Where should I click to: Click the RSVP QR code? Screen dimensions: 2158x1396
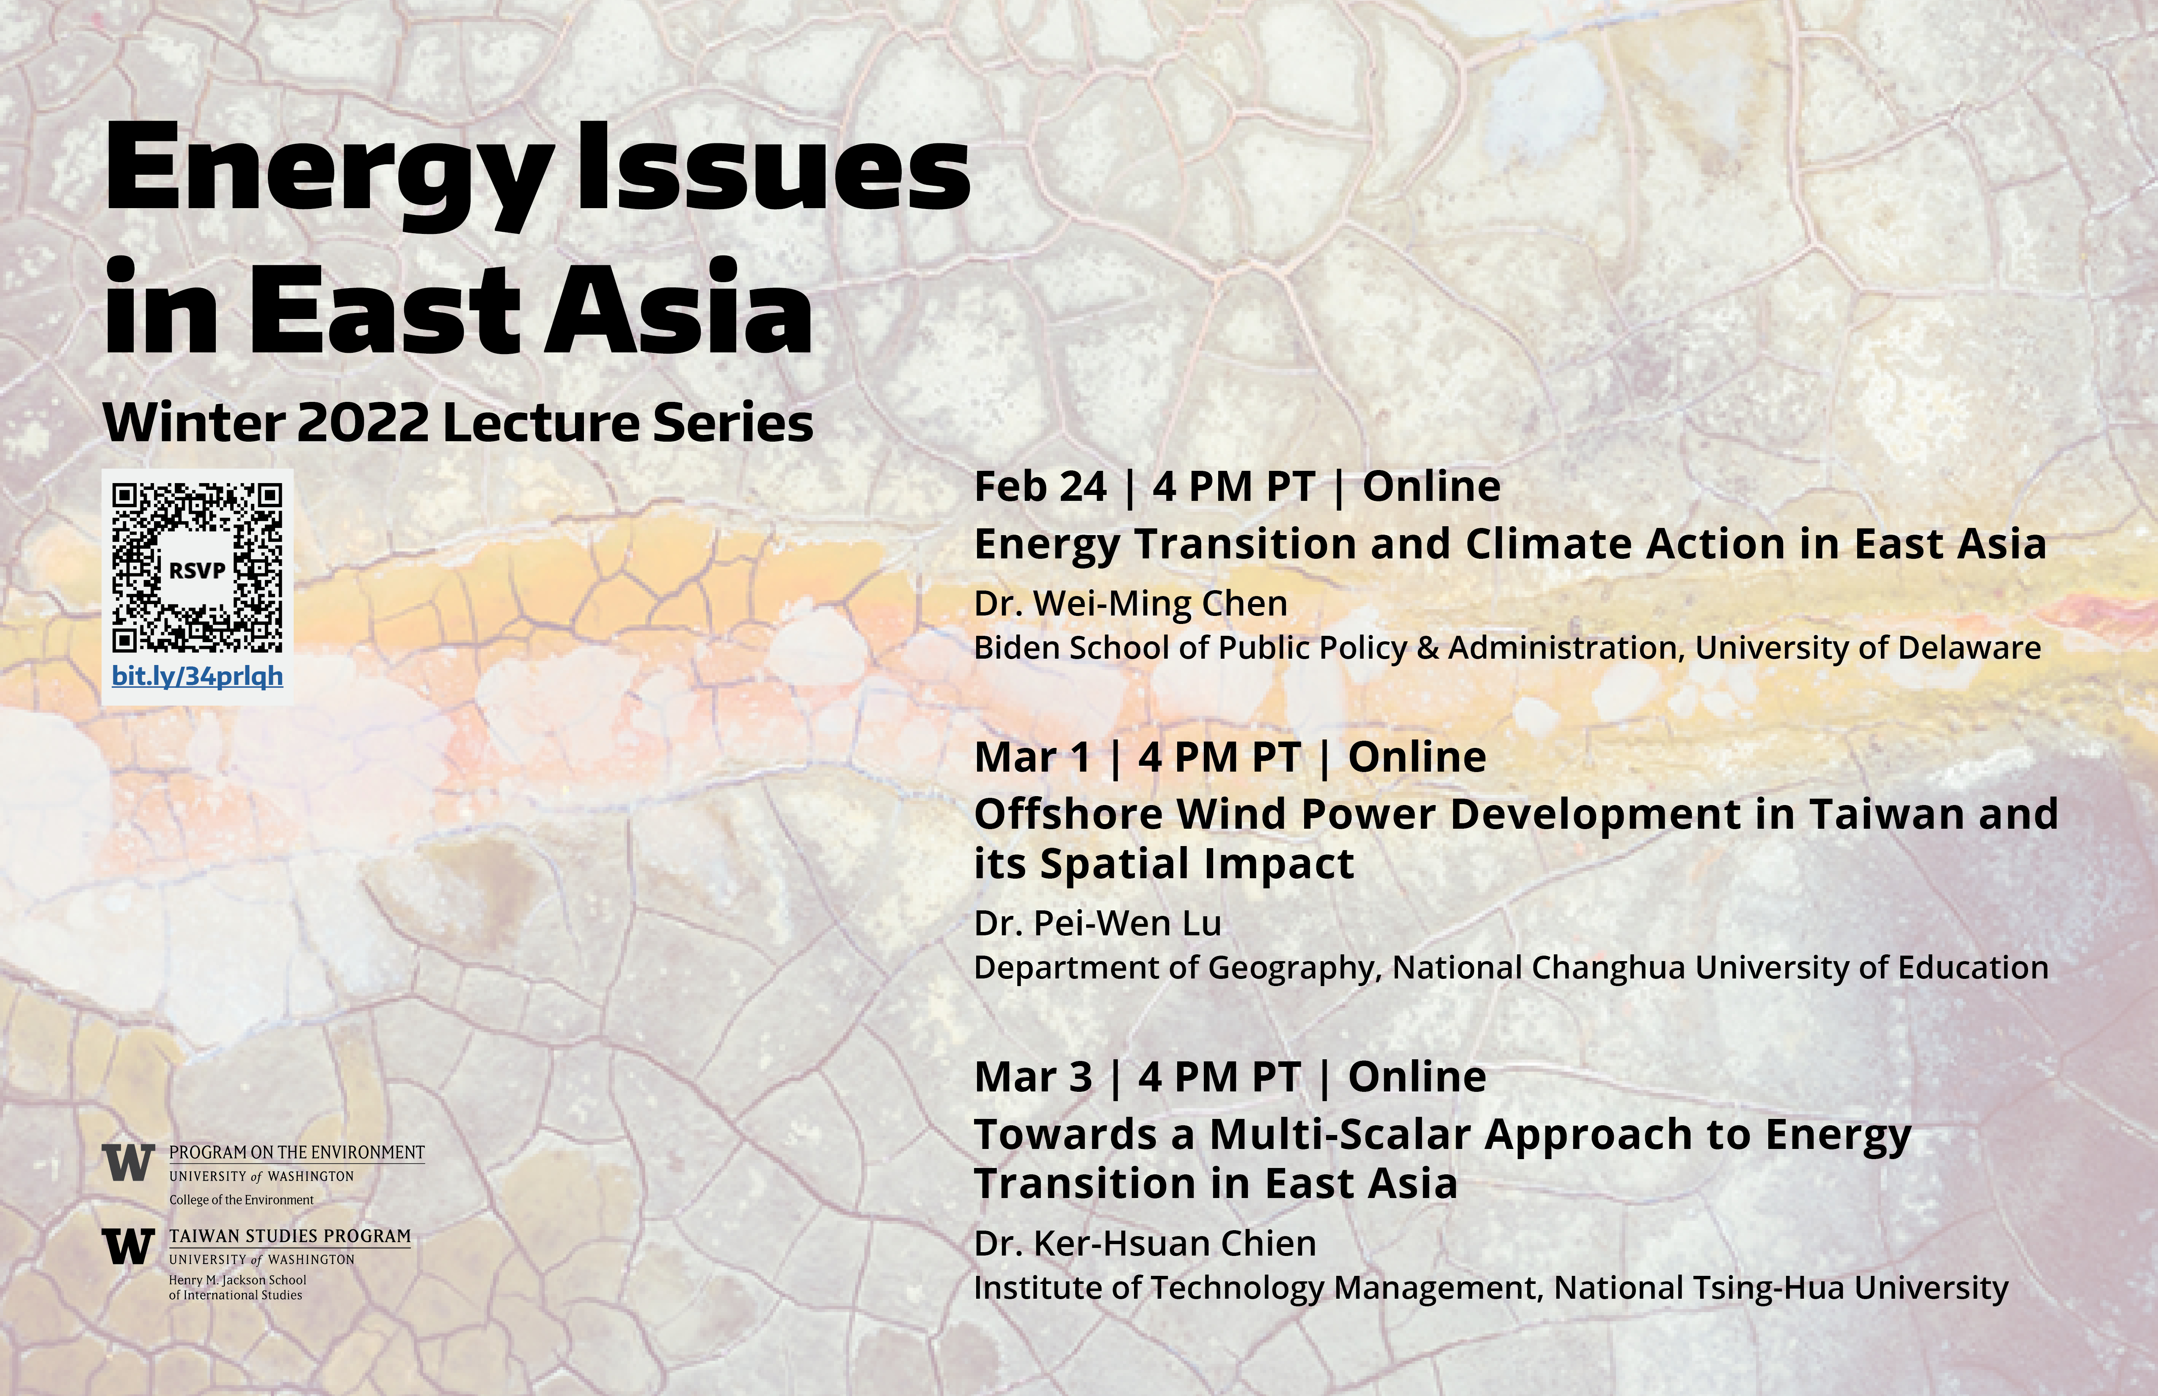(197, 569)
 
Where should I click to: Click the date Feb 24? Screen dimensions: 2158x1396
(1040, 487)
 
